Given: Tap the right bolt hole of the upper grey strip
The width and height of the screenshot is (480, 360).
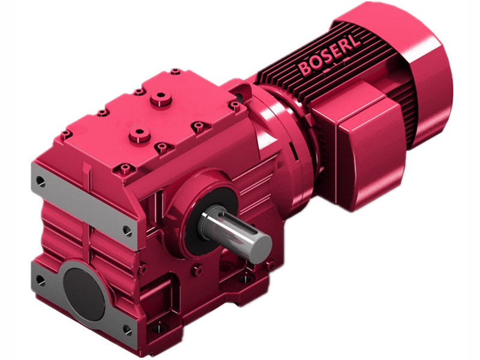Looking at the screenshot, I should click(127, 229).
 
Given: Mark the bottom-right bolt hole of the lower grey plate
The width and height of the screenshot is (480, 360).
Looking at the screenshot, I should click(127, 329).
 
